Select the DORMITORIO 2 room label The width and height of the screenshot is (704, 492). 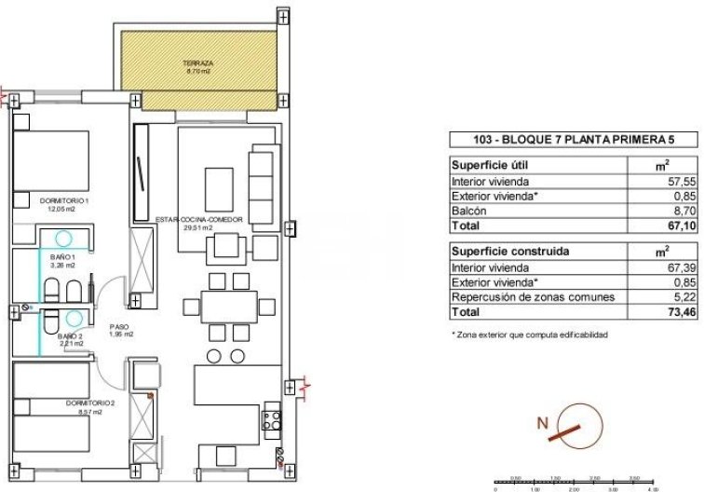(x=64, y=403)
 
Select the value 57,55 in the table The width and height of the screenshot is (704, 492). (x=664, y=182)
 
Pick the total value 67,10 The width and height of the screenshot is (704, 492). (x=664, y=226)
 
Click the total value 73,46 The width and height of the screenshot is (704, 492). (x=664, y=312)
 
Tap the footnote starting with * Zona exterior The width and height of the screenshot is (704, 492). (x=530, y=334)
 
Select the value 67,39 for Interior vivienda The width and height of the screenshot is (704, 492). (x=664, y=267)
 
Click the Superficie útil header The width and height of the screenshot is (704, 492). (x=486, y=166)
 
